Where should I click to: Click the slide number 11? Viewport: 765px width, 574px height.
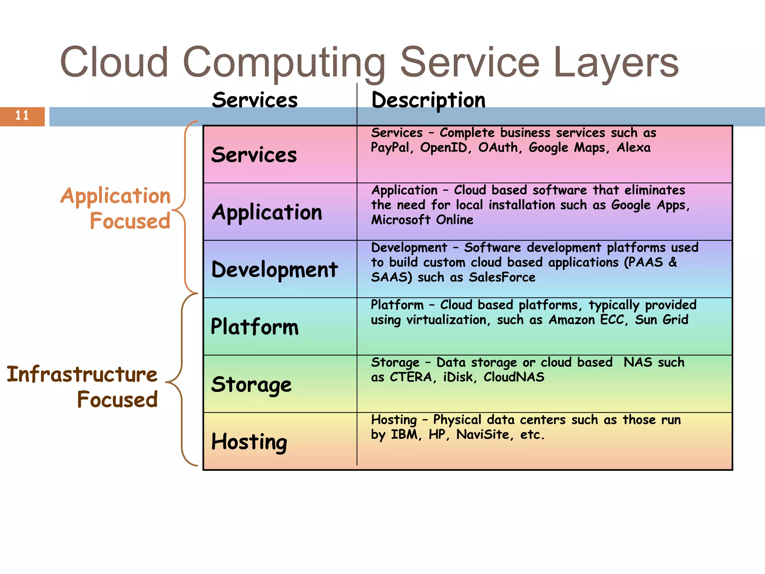click(22, 115)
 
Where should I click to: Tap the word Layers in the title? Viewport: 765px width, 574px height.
click(615, 63)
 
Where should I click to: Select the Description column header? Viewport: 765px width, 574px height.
click(428, 100)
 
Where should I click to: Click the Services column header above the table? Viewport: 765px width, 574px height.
click(255, 100)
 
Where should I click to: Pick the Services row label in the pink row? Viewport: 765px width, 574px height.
click(254, 155)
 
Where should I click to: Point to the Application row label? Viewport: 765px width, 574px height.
click(267, 212)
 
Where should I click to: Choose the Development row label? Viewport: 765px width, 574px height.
click(275, 269)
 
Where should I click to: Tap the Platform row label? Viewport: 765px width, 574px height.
click(255, 327)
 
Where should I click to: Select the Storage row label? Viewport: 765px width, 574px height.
click(251, 385)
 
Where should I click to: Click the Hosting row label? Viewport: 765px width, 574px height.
click(249, 442)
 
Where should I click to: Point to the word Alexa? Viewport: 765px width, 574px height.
click(634, 148)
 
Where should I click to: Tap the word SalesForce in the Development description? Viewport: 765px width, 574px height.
click(502, 277)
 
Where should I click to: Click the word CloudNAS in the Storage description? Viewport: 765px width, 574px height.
click(514, 377)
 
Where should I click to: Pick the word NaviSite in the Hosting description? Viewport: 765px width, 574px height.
click(483, 435)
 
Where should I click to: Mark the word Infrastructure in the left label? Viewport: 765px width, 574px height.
click(82, 374)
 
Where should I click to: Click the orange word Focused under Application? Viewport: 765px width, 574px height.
click(130, 221)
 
